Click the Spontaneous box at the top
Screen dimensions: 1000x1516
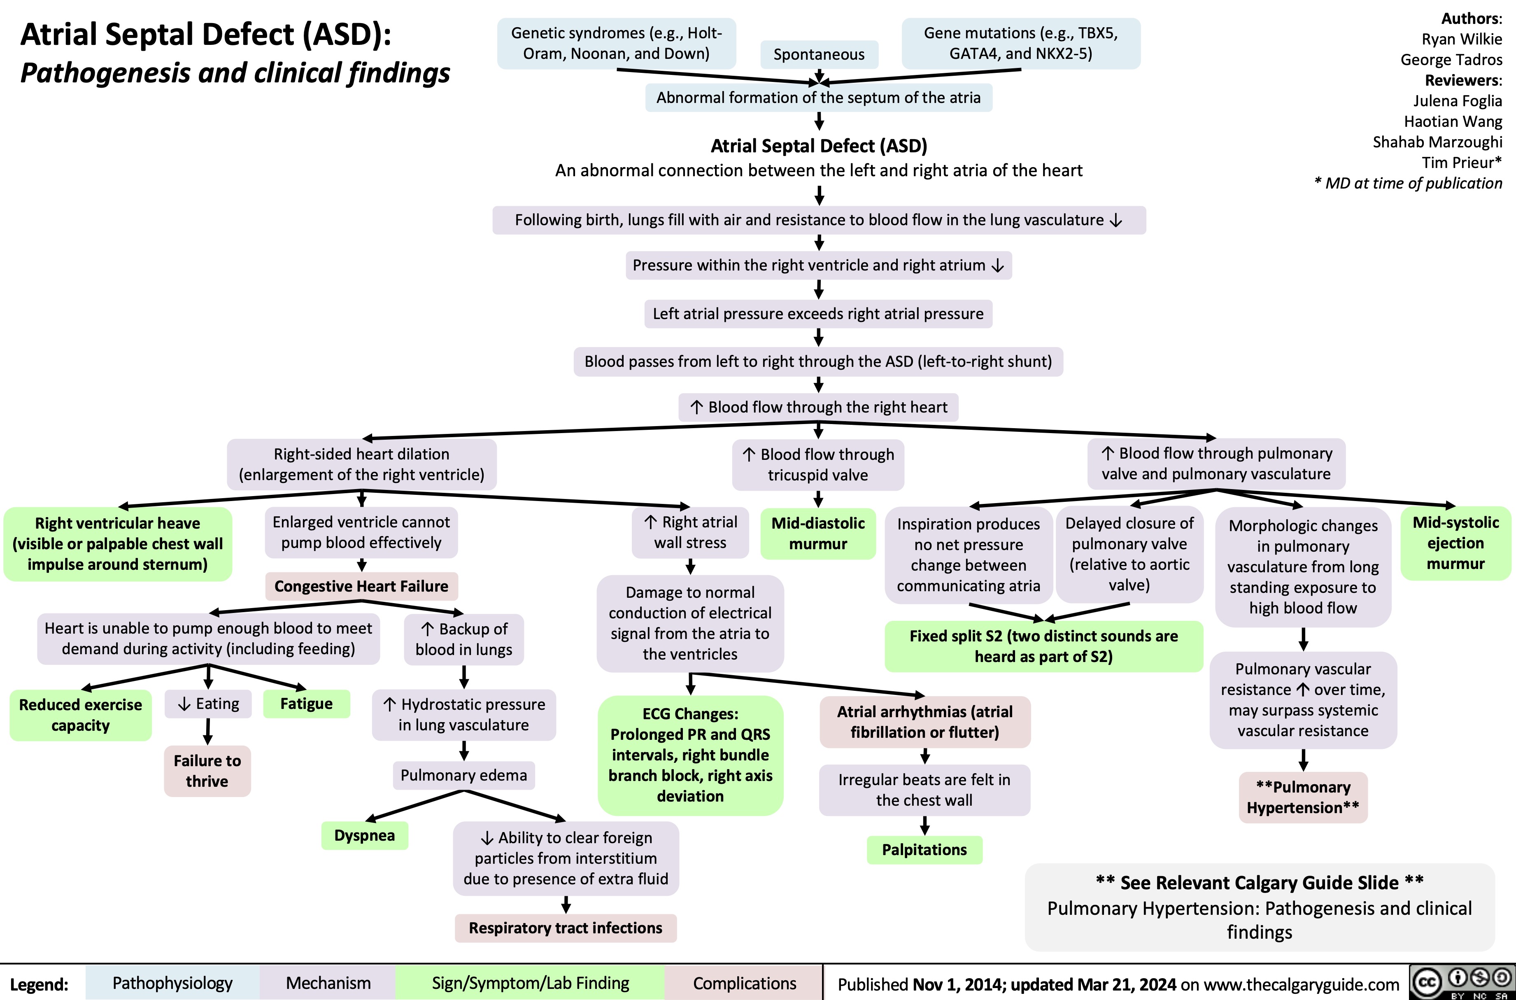coord(819,55)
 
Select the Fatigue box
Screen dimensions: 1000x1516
coord(307,704)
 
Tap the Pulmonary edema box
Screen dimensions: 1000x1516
coord(463,775)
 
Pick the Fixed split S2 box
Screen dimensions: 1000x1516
coord(1043,646)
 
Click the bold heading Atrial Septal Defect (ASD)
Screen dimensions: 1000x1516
coord(819,146)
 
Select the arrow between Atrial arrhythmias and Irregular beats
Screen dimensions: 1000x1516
coord(925,756)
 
